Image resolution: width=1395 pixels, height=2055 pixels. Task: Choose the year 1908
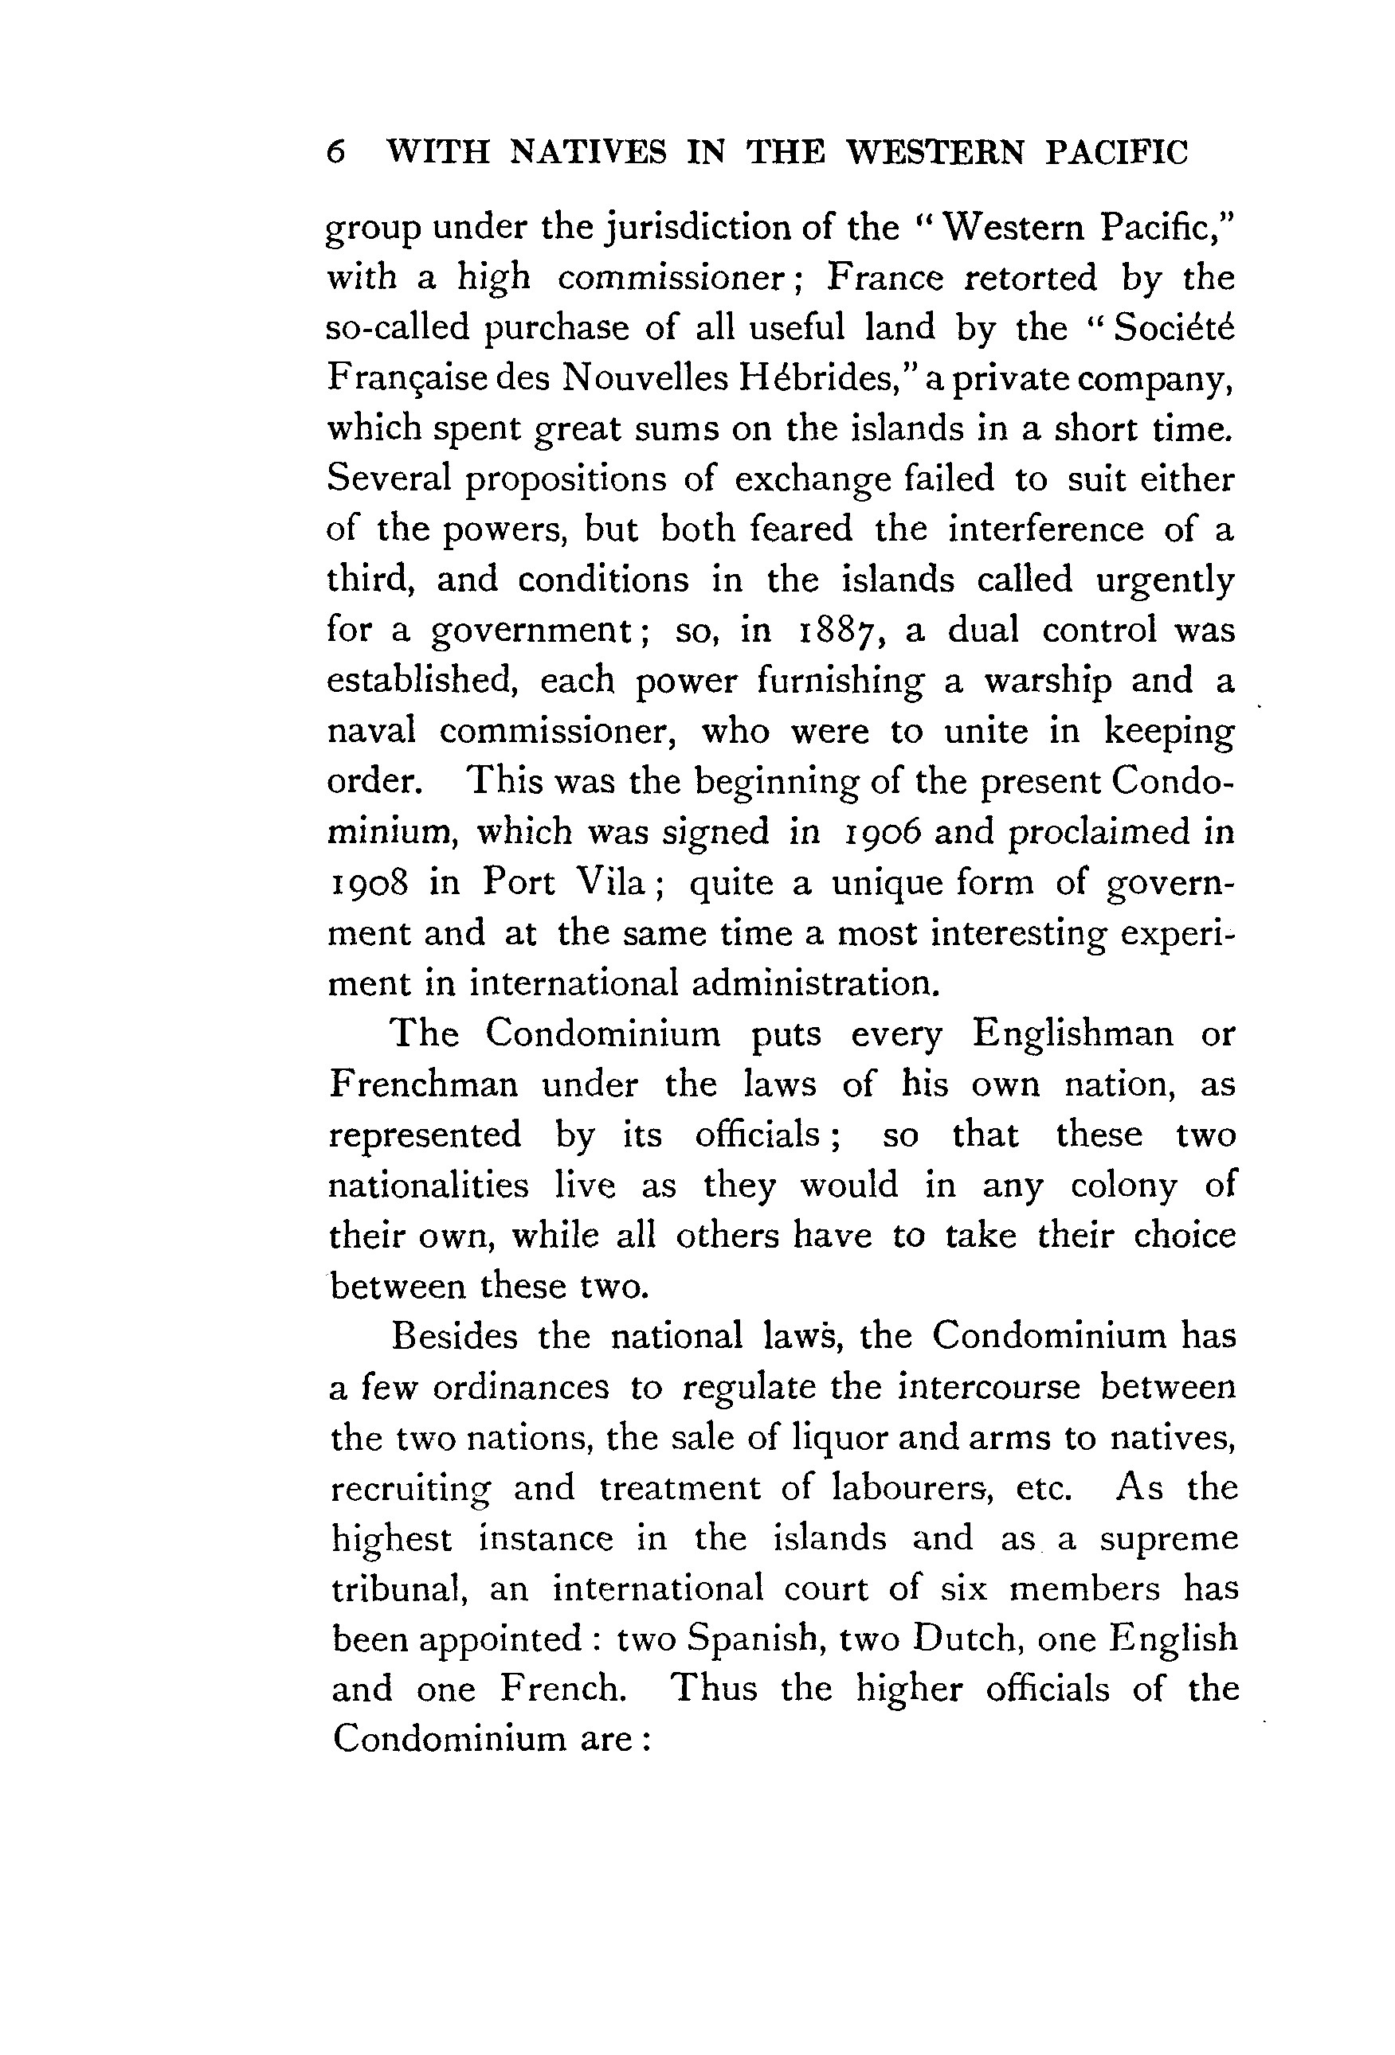[368, 882]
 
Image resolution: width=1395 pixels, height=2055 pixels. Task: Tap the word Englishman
[1073, 1033]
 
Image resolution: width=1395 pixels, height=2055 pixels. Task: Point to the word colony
[1123, 1185]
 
